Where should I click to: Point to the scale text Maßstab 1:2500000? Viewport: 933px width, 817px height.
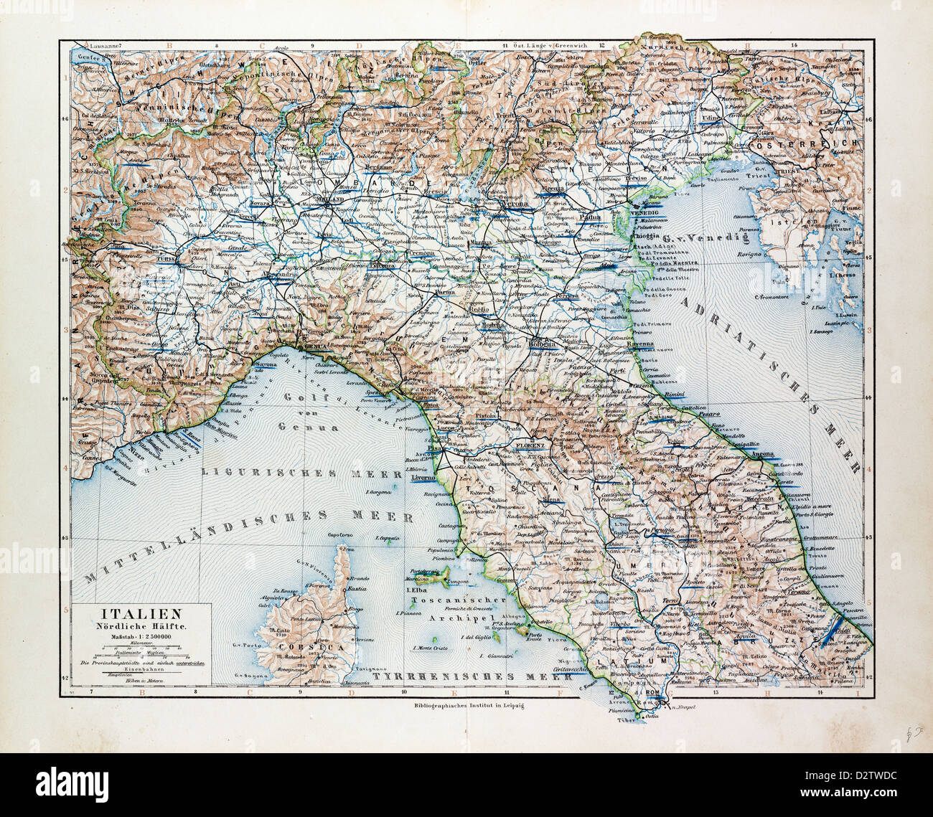pyautogui.click(x=140, y=637)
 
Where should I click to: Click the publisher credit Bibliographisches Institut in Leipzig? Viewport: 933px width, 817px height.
pyautogui.click(x=466, y=707)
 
